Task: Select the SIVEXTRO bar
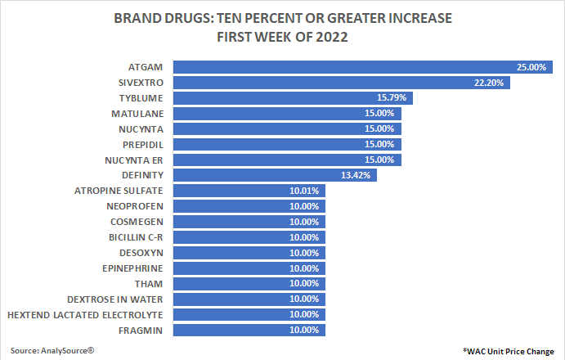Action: [342, 83]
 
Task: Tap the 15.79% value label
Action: [394, 98]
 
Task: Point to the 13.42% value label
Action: [358, 175]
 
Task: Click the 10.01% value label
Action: [305, 191]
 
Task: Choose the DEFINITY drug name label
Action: [141, 175]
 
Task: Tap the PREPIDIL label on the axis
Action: [141, 144]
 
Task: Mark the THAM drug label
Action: [150, 283]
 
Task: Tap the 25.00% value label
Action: [531, 67]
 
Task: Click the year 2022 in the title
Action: [329, 36]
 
